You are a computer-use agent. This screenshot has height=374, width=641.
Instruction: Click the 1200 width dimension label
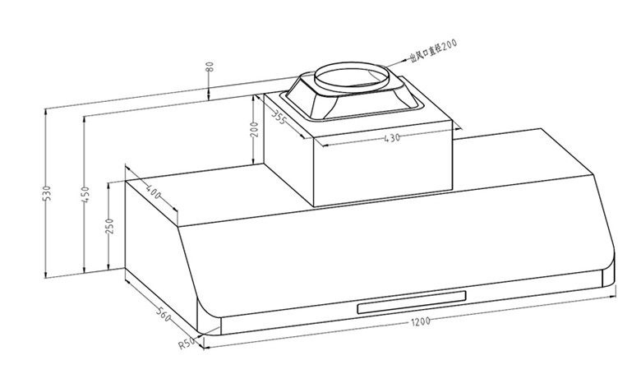(x=421, y=321)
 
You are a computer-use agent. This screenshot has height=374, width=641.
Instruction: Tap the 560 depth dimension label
(x=164, y=313)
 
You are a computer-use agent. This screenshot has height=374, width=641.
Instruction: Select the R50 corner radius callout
(x=186, y=343)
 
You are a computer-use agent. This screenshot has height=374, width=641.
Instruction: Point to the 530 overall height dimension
(x=48, y=193)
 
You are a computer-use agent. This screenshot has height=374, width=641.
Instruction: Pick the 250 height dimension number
(x=109, y=226)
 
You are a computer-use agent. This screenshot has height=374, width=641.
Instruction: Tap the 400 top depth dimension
(x=154, y=192)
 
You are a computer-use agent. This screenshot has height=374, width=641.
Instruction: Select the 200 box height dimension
(x=254, y=129)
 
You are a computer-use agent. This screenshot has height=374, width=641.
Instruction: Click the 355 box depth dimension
(x=279, y=118)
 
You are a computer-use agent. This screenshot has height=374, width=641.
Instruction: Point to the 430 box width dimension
(x=392, y=138)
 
